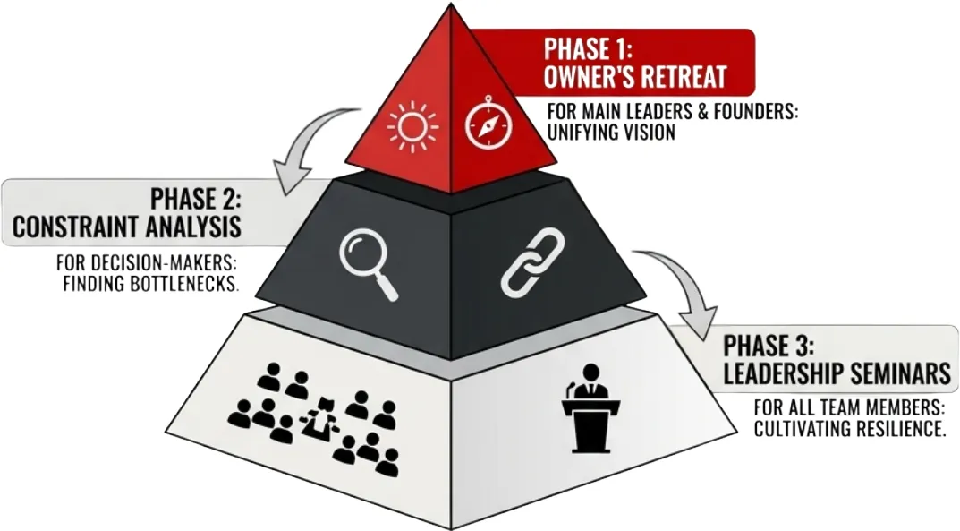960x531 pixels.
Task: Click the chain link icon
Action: pyautogui.click(x=531, y=262)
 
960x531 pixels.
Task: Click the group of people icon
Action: pyautogui.click(x=312, y=421)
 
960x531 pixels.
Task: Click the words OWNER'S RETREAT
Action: pyautogui.click(x=635, y=77)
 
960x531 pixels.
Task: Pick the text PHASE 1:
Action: pyautogui.click(x=590, y=47)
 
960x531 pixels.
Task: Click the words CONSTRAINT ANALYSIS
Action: pyautogui.click(x=127, y=227)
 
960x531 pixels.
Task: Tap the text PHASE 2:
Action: pyautogui.click(x=195, y=197)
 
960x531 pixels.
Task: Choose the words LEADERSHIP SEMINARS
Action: pyautogui.click(x=837, y=373)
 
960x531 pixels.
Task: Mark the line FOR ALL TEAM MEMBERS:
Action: pyautogui.click(x=850, y=408)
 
